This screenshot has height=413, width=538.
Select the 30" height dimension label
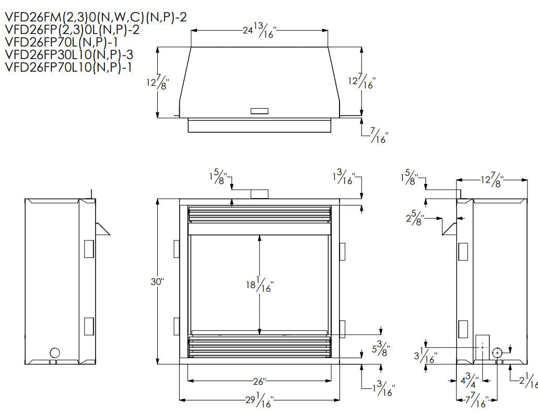(x=157, y=282)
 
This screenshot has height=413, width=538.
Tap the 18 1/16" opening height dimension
(x=260, y=285)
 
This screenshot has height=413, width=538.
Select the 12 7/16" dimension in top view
(x=361, y=82)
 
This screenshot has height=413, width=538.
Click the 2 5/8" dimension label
(x=416, y=217)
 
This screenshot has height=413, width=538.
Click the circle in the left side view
(x=54, y=352)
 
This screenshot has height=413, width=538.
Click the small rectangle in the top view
(x=260, y=111)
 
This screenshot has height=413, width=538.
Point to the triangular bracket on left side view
(x=102, y=227)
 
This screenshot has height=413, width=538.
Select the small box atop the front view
(x=260, y=194)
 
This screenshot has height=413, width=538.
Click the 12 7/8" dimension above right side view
(x=491, y=181)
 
